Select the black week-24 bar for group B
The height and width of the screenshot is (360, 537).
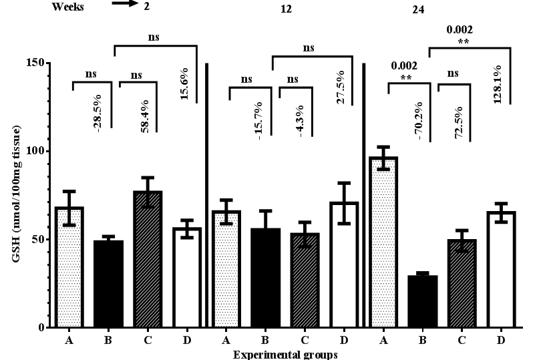click(422, 301)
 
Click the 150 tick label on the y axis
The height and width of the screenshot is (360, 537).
click(36, 63)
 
